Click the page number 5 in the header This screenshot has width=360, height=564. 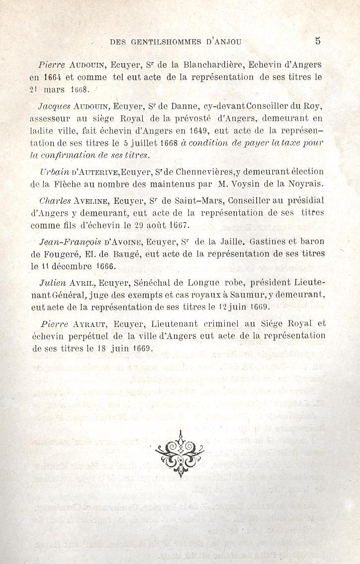317,41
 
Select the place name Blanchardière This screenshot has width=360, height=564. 212,65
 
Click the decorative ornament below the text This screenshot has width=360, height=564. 180,453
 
